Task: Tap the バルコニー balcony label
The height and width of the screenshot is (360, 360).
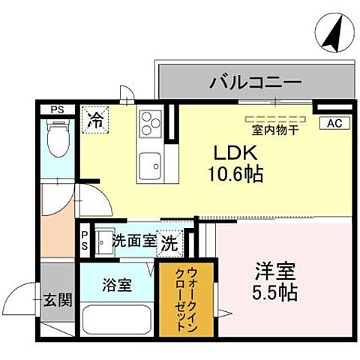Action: click(x=255, y=80)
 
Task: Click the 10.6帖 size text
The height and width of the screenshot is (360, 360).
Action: click(x=234, y=175)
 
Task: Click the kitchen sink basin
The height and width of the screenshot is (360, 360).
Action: click(x=149, y=163)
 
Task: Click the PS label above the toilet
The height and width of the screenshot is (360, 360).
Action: click(x=57, y=109)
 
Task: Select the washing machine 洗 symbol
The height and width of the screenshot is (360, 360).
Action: click(x=171, y=242)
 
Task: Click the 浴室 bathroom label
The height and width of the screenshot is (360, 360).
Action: click(x=117, y=285)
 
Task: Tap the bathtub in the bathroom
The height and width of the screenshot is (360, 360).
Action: click(x=115, y=321)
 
